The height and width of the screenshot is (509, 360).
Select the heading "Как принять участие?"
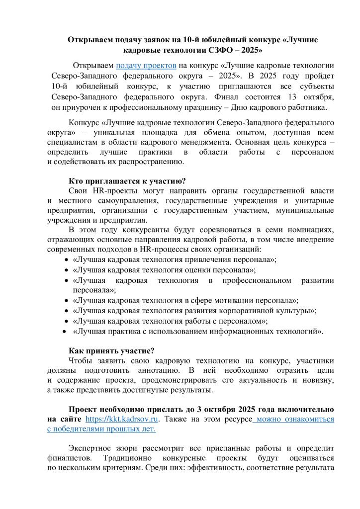tap(111, 350)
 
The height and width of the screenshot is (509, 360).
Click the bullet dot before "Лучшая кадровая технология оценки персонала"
tap(67, 270)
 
